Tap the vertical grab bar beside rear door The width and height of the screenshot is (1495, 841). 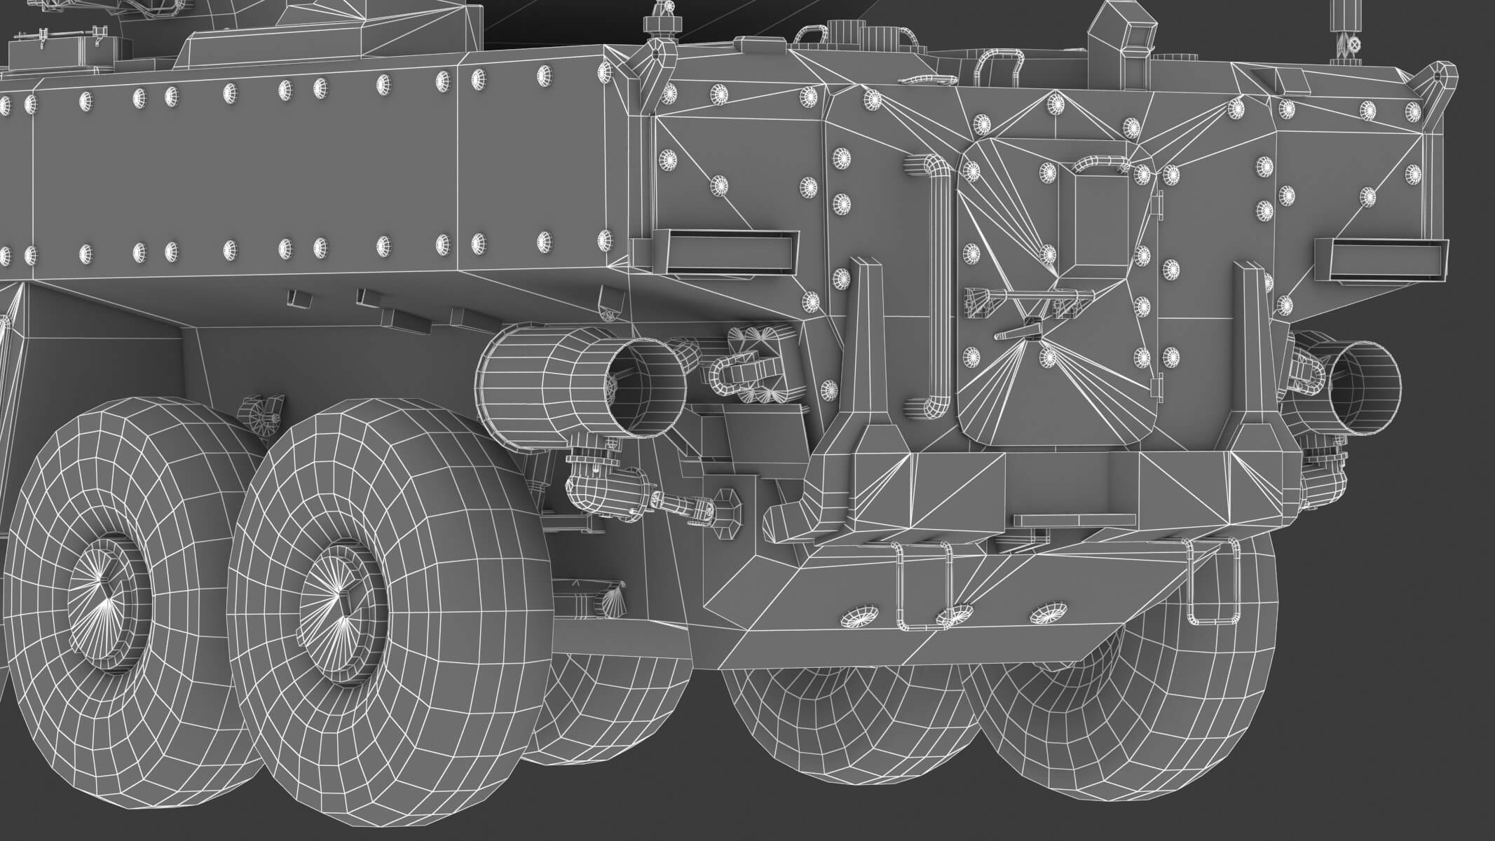coord(936,287)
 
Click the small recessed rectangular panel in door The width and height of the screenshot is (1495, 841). coord(1093,217)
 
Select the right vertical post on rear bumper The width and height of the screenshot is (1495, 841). coord(1255,364)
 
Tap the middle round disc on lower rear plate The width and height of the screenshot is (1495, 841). coord(955,614)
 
